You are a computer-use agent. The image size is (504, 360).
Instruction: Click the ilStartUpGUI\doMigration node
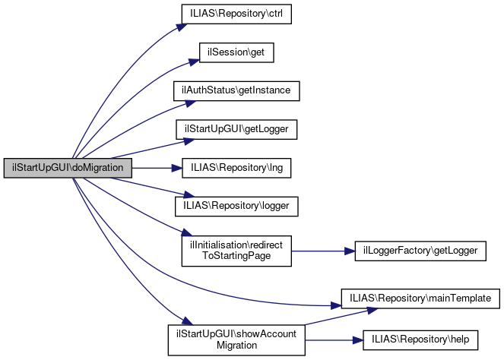[68, 168]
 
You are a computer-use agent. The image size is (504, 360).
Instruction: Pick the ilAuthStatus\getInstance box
[236, 90]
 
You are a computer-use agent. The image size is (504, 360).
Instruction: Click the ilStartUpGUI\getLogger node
[236, 129]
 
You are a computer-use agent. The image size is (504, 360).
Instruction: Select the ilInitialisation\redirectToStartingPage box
[236, 250]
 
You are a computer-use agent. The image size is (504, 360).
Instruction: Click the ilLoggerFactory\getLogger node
[420, 250]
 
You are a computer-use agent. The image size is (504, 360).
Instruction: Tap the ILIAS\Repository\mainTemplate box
[420, 298]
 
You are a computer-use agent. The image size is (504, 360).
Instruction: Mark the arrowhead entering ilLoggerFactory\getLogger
[350, 250]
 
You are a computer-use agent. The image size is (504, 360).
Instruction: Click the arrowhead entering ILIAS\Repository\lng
[176, 168]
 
